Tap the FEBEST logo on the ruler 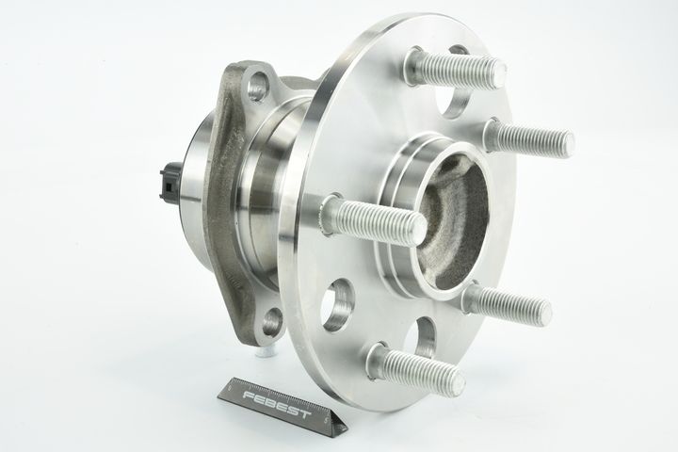pos(277,403)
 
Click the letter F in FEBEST pos(250,395)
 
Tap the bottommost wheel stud pos(416,366)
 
